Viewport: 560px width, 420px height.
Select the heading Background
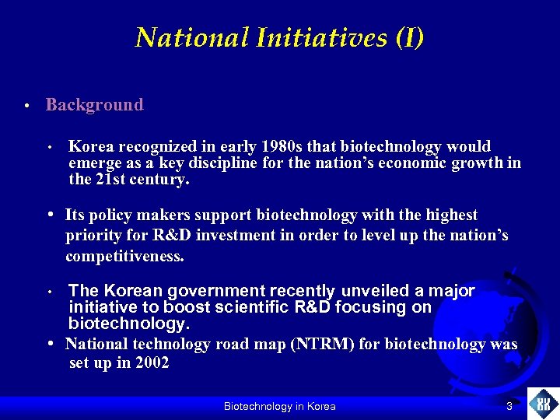(x=94, y=105)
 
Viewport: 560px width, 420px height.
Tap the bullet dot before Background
(x=26, y=106)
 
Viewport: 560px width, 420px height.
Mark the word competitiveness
(x=124, y=256)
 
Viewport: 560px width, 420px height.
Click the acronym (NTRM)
(x=323, y=345)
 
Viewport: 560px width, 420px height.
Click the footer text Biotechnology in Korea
(x=279, y=406)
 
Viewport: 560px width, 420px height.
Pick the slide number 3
(x=509, y=406)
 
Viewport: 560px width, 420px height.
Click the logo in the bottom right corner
(x=543, y=404)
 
